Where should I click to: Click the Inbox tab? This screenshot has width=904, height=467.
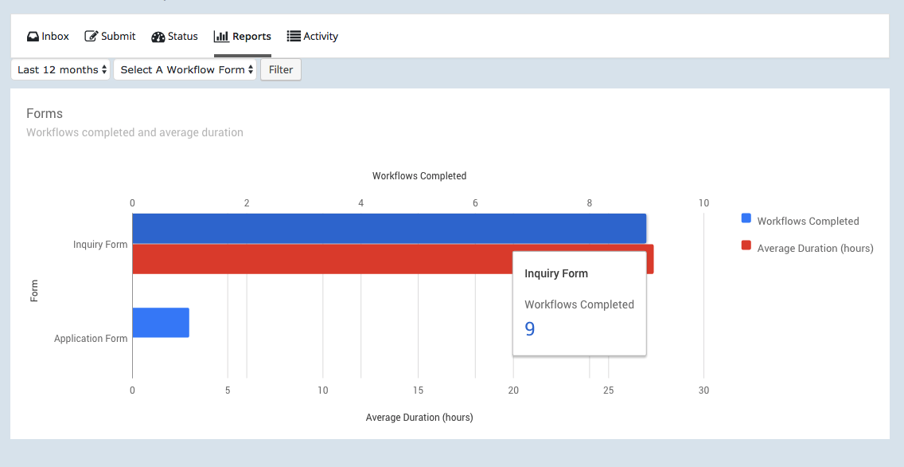(48, 37)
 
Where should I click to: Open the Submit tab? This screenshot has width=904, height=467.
(110, 37)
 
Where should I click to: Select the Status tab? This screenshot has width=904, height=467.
(174, 37)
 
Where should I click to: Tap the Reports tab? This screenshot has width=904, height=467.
(243, 37)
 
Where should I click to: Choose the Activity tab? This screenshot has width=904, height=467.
(313, 37)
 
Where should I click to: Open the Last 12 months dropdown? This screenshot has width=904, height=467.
(60, 70)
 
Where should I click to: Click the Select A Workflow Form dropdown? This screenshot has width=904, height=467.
(185, 70)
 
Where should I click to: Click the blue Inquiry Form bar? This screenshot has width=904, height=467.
(388, 229)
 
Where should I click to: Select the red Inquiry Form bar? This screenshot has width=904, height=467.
(318, 259)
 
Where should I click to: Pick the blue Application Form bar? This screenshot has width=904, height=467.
(161, 323)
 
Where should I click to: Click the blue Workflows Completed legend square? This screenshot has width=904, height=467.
(746, 218)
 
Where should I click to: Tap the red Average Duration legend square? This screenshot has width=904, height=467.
(746, 245)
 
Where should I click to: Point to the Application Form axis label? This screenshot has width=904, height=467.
(91, 339)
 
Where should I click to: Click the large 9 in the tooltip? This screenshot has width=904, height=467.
(530, 329)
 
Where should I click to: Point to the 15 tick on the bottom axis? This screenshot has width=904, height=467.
(418, 390)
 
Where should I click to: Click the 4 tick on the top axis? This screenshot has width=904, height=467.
(361, 203)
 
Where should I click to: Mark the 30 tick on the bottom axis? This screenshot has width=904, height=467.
(703, 390)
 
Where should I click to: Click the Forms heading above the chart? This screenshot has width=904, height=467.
(45, 114)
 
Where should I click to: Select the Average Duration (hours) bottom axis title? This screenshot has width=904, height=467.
(419, 418)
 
